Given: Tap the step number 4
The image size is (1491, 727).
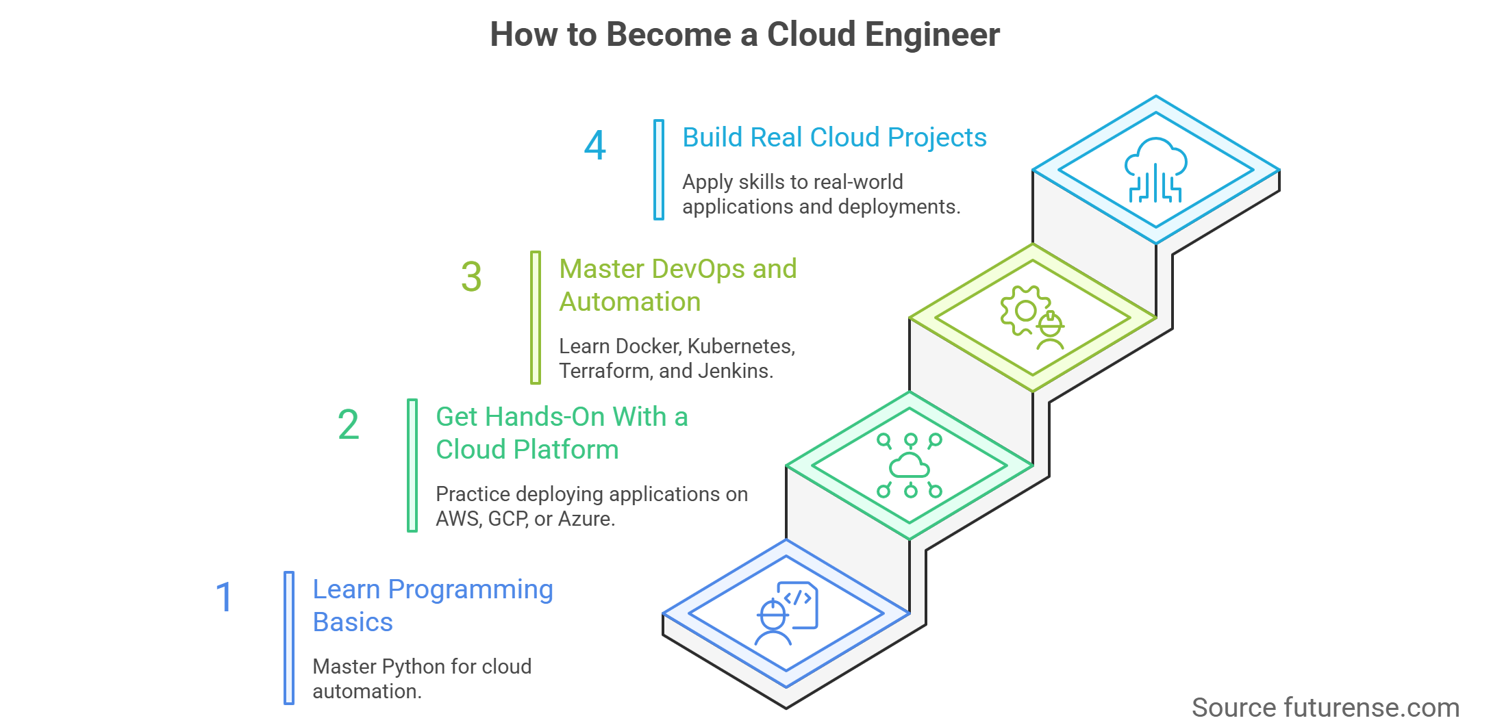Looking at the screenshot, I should click(x=595, y=145).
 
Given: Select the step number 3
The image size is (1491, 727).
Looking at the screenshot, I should click(x=471, y=277).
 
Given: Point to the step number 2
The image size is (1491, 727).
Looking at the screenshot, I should click(x=348, y=424).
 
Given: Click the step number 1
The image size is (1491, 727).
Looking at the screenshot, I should click(x=224, y=597).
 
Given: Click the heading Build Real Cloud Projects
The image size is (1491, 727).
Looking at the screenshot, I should click(x=834, y=138).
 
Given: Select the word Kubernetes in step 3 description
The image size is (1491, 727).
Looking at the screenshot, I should click(x=740, y=346).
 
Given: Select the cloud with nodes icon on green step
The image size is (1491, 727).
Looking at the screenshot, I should click(x=910, y=465).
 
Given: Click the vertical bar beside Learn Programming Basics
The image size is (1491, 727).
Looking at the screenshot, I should click(x=289, y=638).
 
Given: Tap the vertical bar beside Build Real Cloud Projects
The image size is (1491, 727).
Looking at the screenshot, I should click(x=658, y=170).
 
